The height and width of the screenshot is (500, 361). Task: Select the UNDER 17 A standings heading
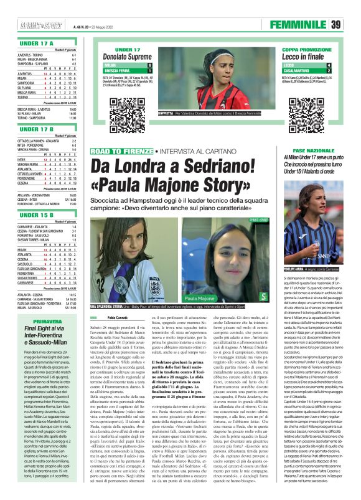tap(36, 44)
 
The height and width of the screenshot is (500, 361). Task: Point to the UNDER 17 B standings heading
tap(36, 129)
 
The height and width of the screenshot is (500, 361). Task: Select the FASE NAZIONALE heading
tap(309, 151)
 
